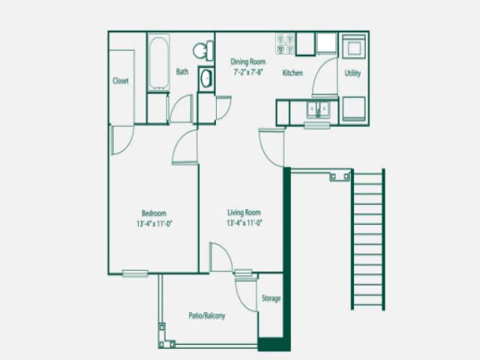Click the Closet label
click(121, 81)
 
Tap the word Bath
click(182, 73)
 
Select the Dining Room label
click(247, 62)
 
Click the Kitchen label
click(292, 73)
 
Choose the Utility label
click(352, 73)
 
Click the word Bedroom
click(154, 213)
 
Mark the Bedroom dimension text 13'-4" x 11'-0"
click(154, 223)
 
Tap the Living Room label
click(244, 213)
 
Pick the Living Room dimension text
click(244, 223)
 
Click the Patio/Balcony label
click(207, 316)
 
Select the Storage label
click(271, 298)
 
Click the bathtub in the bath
click(158, 63)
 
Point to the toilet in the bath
click(202, 50)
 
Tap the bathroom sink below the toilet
click(206, 78)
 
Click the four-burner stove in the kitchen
click(285, 44)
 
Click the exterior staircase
click(367, 239)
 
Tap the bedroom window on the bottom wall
click(135, 273)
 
